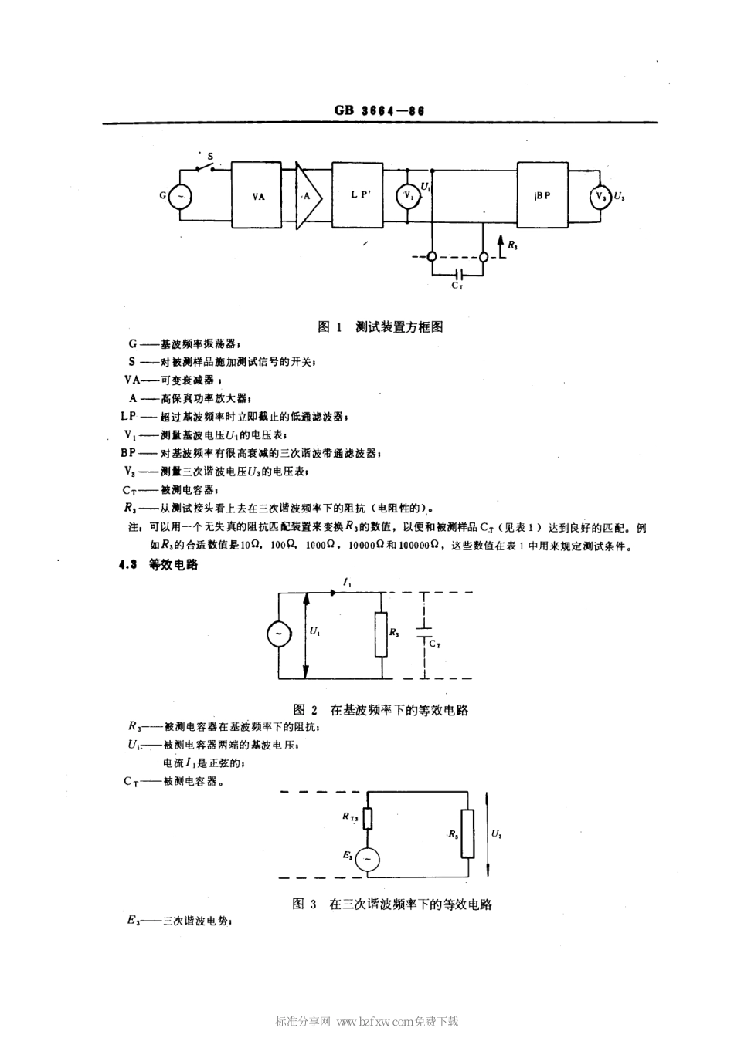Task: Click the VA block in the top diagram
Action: tap(259, 195)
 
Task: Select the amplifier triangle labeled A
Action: tap(306, 196)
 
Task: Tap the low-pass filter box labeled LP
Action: tap(358, 195)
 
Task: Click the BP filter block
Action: tap(542, 195)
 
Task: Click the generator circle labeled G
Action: tap(180, 196)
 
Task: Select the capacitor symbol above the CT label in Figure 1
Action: tap(458, 273)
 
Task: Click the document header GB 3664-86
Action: tap(379, 110)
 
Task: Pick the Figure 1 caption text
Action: tap(380, 326)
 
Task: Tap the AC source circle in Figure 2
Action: tap(278, 634)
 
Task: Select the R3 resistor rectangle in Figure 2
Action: tap(381, 634)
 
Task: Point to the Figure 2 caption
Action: tap(381, 709)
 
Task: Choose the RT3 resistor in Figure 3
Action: tap(368, 817)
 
